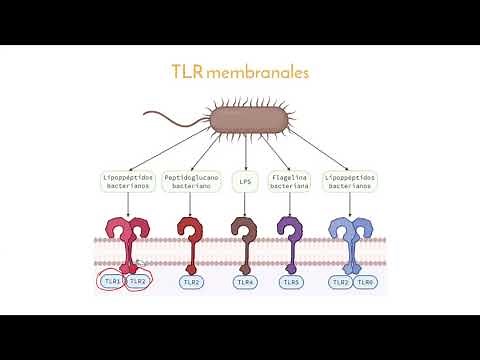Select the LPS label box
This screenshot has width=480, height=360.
tap(244, 182)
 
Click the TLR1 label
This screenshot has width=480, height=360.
tap(112, 283)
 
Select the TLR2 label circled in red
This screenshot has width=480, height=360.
tap(140, 283)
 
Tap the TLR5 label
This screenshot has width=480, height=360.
tap(291, 283)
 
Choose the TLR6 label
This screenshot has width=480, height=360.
tap(367, 283)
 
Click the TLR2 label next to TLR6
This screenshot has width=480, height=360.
tap(340, 283)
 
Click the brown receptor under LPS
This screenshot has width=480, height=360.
tap(242, 240)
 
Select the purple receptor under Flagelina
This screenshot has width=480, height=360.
tap(291, 240)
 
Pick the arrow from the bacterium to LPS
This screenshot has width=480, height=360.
tap(245, 156)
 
